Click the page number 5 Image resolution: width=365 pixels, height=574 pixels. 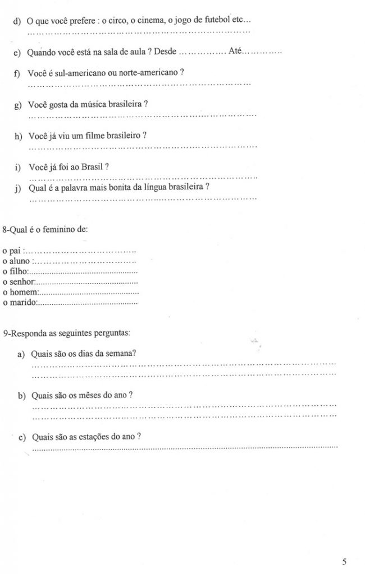pos(344,561)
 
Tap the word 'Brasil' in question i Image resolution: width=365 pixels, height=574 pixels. pos(91,167)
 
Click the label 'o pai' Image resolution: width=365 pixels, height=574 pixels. pos(11,251)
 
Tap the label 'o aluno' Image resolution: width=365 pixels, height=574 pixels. pos(15,261)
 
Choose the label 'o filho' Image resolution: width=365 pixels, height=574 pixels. pos(14,271)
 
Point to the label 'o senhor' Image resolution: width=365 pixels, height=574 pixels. pos(19,281)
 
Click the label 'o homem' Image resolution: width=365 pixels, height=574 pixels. pos(19,292)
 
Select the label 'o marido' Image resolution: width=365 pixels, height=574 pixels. pos(19,303)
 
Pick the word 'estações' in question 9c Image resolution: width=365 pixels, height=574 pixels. pos(93,437)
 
